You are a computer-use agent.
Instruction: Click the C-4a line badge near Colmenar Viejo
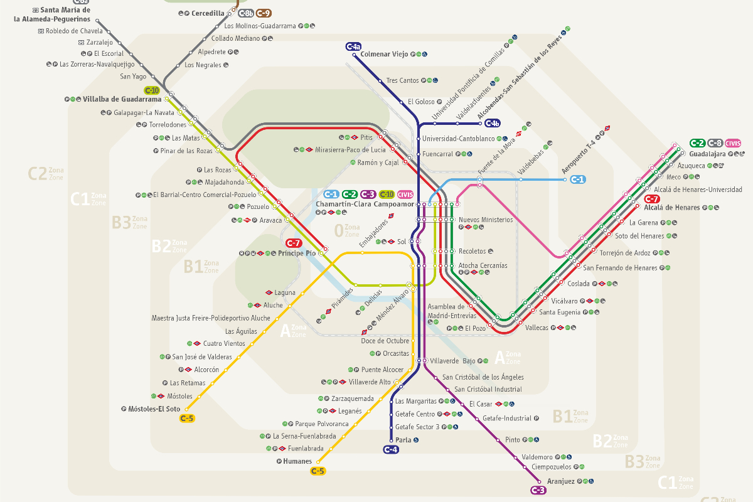[353, 46]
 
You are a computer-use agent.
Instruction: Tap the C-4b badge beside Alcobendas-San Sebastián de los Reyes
[510, 124]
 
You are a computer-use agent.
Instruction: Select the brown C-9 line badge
[264, 13]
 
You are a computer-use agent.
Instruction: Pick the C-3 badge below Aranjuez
[538, 490]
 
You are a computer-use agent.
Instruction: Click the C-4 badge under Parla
[390, 449]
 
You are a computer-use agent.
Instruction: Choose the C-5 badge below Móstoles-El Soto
[187, 419]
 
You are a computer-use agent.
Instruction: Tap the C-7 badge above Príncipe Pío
[294, 243]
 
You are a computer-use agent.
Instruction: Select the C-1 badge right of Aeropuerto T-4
[577, 179]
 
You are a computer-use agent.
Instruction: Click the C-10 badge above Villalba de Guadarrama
[152, 90]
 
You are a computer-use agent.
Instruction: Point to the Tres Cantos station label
[402, 80]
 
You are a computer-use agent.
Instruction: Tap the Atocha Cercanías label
[483, 265]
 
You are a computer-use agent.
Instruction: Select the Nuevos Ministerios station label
[486, 220]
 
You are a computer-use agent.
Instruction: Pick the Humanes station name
[297, 461]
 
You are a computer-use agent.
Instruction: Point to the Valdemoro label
[537, 457]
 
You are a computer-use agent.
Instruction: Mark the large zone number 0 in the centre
[339, 230]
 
